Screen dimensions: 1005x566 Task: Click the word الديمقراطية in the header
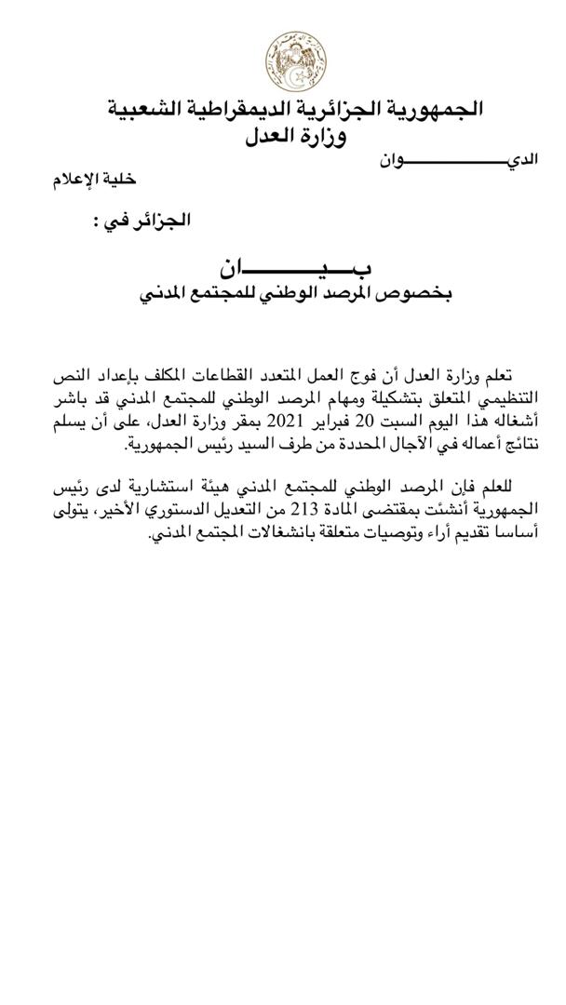point(279,110)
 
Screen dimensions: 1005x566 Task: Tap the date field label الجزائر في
point(142,221)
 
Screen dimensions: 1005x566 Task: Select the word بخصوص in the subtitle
point(422,295)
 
